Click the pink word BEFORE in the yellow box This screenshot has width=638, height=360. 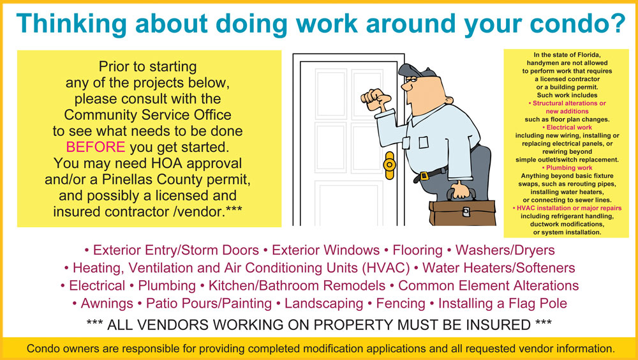point(96,147)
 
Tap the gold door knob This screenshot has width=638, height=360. point(389,165)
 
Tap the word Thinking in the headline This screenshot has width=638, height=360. point(71,23)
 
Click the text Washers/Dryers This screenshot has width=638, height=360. point(505,250)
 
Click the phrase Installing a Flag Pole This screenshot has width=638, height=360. point(503,303)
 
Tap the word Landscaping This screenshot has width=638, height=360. point(324,303)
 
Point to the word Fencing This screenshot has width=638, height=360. point(401,303)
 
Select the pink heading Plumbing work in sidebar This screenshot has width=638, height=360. point(569,168)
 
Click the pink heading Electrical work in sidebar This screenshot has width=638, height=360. point(569,128)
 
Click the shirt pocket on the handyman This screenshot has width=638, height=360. point(424,142)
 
